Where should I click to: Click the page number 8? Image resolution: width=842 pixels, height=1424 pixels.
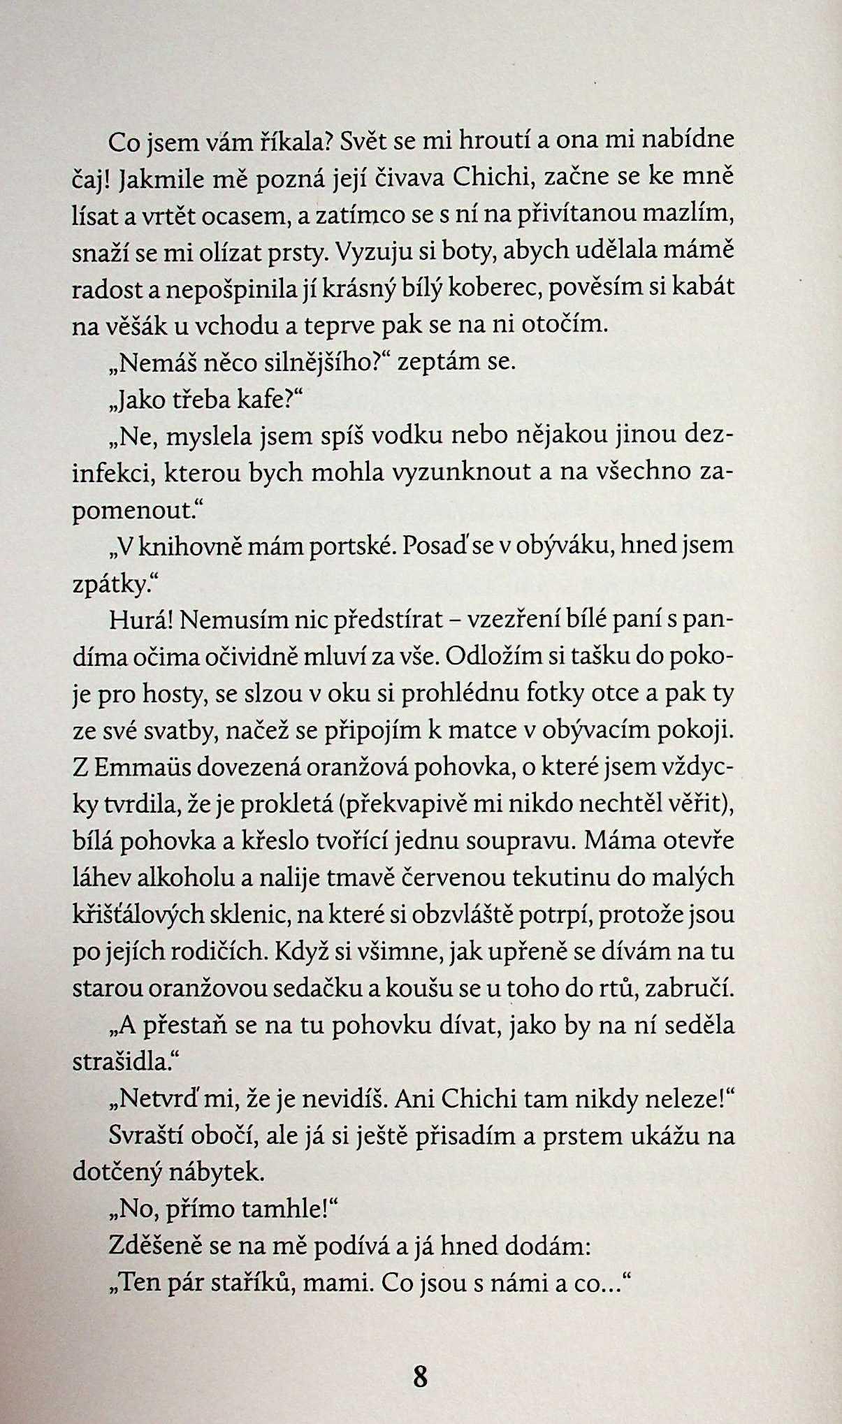coord(420,1376)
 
